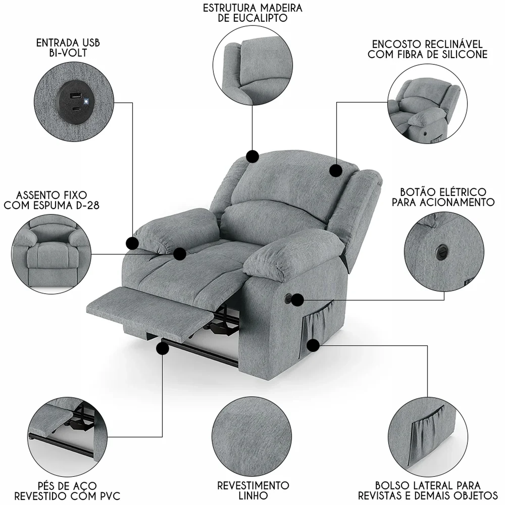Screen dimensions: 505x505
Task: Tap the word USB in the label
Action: point(91,43)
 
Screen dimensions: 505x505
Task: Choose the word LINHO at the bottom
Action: point(253,496)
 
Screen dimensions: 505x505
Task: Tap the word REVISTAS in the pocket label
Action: point(383,496)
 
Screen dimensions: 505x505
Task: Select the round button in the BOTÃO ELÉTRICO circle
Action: point(441,250)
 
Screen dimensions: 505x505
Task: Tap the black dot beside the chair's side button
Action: point(297,300)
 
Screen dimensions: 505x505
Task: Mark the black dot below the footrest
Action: point(163,349)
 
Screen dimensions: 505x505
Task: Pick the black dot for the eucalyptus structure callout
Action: point(252,157)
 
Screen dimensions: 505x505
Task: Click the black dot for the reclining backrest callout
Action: point(336,170)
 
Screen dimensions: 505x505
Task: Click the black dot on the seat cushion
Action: point(180,254)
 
